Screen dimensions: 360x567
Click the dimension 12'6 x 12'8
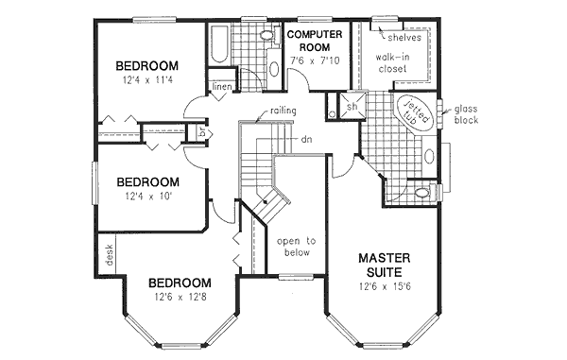tap(180, 300)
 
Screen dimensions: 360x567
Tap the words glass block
tap(465, 114)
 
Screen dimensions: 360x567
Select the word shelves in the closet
tap(403, 39)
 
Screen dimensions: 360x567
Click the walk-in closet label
tap(397, 64)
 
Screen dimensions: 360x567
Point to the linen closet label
tap(222, 88)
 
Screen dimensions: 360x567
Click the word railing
tap(283, 111)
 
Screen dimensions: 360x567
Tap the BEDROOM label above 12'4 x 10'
tap(147, 181)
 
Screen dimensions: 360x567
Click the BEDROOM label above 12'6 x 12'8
tap(180, 283)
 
